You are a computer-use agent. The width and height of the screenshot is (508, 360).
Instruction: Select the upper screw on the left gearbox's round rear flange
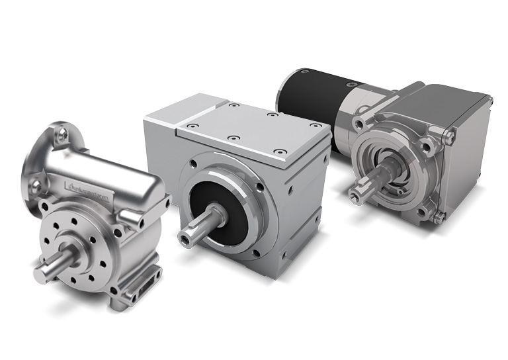[x=62, y=135]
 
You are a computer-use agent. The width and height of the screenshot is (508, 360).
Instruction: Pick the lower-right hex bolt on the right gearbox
[x=438, y=216]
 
